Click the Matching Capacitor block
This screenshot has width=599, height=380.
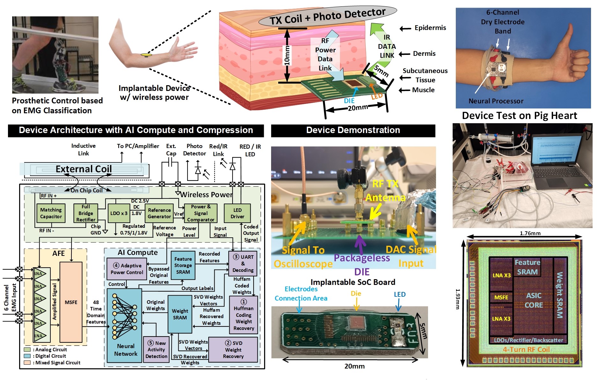tap(51, 213)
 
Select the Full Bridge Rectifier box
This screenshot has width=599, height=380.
tap(85, 213)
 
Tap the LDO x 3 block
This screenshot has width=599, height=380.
tap(119, 213)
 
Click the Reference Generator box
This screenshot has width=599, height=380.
tap(159, 213)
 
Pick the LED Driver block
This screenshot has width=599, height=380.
tap(237, 213)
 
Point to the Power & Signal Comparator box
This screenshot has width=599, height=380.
tap(201, 213)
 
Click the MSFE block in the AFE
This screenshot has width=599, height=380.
tap(71, 302)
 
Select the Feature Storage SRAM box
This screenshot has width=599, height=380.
tap(183, 265)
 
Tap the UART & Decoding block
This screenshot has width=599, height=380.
tap(243, 264)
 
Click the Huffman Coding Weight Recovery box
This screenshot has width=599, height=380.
tap(244, 315)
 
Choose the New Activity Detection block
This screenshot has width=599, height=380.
tap(156, 350)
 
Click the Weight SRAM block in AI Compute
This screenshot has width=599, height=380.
tap(180, 314)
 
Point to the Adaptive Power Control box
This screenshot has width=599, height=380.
tap(127, 269)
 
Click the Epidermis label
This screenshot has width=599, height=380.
tap(430, 28)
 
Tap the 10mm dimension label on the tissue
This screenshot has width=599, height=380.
tap(287, 56)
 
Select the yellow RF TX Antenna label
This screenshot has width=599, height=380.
tap(385, 191)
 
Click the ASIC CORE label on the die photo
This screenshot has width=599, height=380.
tap(534, 300)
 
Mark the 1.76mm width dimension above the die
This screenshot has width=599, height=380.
tap(530, 233)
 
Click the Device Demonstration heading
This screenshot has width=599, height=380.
tap(353, 130)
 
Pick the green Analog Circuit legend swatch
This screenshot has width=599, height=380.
tap(27, 349)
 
